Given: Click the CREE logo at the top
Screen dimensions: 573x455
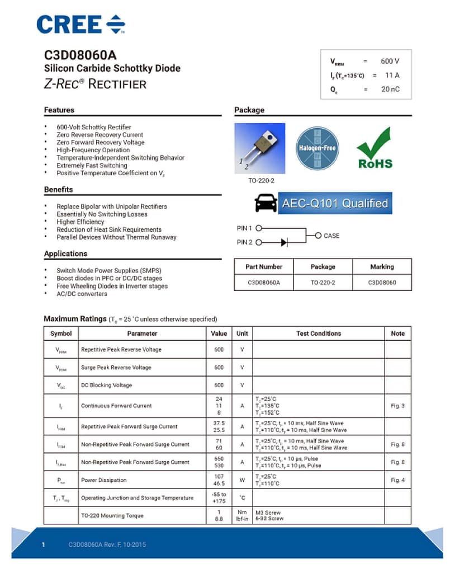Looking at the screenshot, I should coord(81,25).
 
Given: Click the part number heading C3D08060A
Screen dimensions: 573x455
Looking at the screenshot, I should coord(80,55).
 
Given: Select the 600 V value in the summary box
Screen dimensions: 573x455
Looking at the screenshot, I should coord(390,61).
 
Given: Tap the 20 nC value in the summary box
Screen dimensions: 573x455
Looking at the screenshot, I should coord(390,89).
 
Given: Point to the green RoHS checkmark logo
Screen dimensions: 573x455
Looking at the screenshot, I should coord(375,148).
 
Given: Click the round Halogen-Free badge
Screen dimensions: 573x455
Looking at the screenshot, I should coord(316,148).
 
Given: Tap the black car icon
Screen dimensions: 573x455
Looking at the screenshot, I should coord(266,203).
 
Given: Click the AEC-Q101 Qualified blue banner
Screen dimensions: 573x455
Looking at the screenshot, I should coord(335,203).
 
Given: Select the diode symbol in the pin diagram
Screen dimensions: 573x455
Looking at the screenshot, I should coord(284,242).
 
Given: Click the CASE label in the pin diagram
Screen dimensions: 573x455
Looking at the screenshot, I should coord(331,236).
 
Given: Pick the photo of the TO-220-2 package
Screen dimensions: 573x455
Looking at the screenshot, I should coord(259,148).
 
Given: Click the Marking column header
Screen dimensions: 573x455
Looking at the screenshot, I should coord(382,267).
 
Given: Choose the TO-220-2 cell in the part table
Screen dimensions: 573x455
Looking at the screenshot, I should coord(323,283).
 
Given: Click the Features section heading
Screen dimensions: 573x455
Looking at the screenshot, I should coord(59,110).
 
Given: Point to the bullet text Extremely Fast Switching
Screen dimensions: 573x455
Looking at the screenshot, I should coord(92,166).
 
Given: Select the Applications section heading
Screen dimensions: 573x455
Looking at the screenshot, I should coord(66,253).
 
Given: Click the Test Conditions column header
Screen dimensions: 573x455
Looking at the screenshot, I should coord(319,334).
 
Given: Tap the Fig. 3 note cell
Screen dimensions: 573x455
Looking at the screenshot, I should coord(397,406).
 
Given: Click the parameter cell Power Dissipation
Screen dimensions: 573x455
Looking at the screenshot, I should coord(104,480).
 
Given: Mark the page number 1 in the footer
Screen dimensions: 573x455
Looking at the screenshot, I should coord(43,544).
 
